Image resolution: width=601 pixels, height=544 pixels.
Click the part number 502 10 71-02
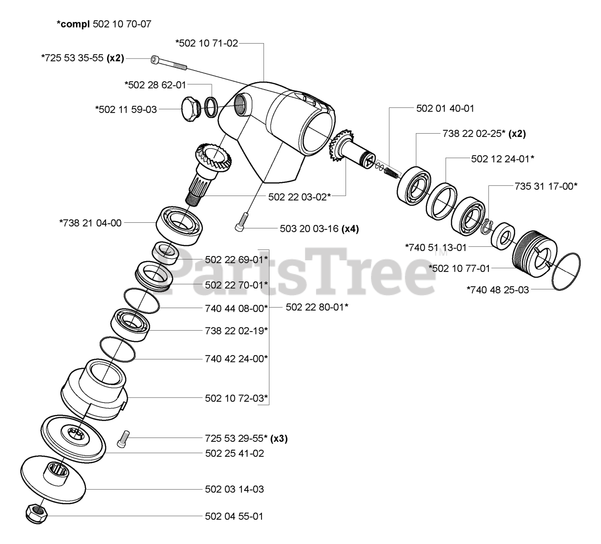click(x=207, y=43)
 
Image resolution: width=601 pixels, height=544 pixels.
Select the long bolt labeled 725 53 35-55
click(x=169, y=63)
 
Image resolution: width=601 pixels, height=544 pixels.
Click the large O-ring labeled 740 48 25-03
click(x=566, y=271)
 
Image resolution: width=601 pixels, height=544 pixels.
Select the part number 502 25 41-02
click(x=234, y=453)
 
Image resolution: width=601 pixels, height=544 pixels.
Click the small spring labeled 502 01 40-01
click(x=391, y=171)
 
